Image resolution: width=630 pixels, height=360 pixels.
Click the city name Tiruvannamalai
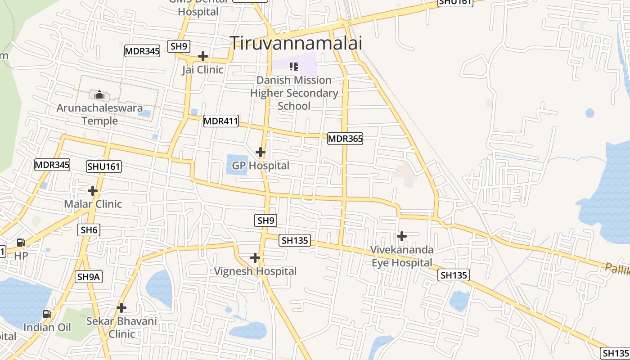(x=296, y=43)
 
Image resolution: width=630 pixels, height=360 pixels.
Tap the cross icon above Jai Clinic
(x=203, y=56)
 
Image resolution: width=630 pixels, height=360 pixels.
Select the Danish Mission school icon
(x=294, y=67)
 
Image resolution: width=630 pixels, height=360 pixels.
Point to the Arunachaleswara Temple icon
(x=99, y=94)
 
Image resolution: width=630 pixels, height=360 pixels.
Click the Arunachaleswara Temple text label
(x=99, y=114)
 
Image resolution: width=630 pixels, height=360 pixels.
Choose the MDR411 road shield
(x=220, y=121)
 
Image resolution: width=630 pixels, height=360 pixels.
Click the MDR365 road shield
(x=345, y=139)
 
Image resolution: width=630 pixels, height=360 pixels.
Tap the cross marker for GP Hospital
(x=260, y=152)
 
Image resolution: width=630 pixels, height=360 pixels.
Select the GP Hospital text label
(x=261, y=166)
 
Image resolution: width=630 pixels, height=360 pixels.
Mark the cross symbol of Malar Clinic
(x=93, y=191)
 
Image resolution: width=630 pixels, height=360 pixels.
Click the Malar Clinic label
(x=93, y=204)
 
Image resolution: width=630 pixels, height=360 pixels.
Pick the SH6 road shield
(x=89, y=230)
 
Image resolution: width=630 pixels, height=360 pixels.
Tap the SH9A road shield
(x=88, y=277)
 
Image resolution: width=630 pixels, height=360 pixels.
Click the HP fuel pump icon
(x=21, y=243)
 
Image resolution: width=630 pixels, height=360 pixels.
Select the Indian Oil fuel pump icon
(x=47, y=314)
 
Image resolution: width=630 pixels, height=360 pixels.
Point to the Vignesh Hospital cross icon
(x=255, y=258)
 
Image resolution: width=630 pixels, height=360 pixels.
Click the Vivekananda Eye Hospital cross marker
(x=402, y=236)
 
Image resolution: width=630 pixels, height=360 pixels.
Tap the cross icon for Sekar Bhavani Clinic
(x=121, y=308)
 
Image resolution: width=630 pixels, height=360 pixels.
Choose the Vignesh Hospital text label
(x=255, y=271)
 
